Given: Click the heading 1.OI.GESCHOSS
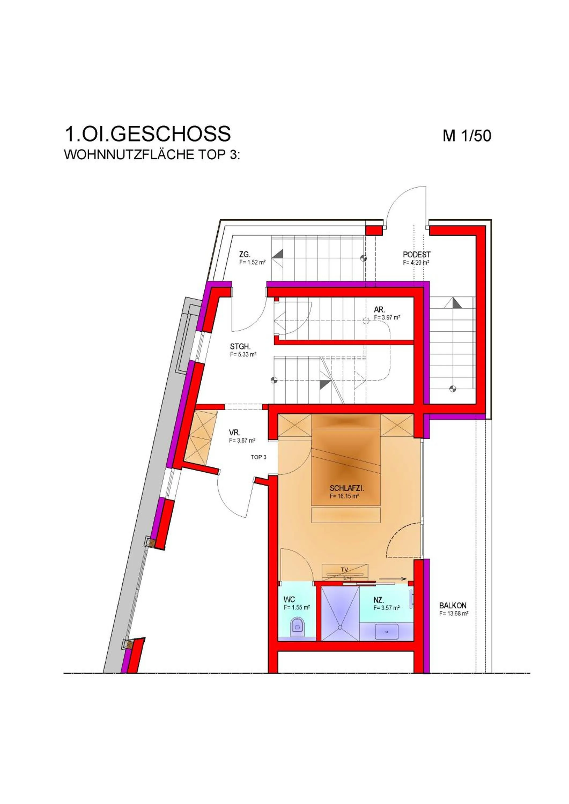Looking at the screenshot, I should (147, 134).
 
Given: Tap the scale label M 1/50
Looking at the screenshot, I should (467, 136).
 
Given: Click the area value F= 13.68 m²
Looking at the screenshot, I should (454, 613).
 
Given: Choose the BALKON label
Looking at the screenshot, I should (453, 605).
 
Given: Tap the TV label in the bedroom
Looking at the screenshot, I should (344, 570).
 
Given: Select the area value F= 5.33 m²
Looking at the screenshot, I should (243, 354).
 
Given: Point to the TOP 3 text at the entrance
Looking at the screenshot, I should (258, 457).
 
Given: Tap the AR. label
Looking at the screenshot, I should (379, 310).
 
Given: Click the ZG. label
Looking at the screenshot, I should (245, 255).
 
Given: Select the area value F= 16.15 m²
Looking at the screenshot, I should (344, 496).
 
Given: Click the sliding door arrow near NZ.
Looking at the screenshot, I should (392, 579).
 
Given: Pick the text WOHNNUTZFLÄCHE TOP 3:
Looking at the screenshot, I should (152, 155).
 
